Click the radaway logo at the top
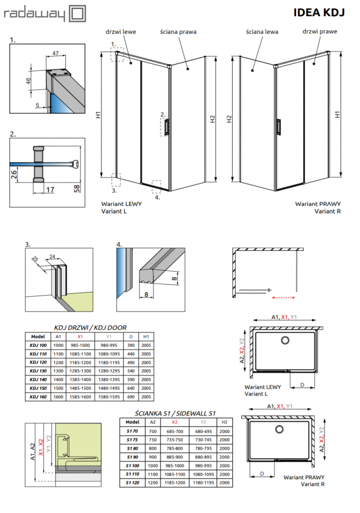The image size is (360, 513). [44, 14]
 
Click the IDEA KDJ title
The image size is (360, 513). [319, 13]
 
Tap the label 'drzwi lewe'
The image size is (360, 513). [121, 32]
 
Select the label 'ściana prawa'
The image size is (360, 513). [178, 32]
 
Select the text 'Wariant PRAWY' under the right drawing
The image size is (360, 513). [314, 204]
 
